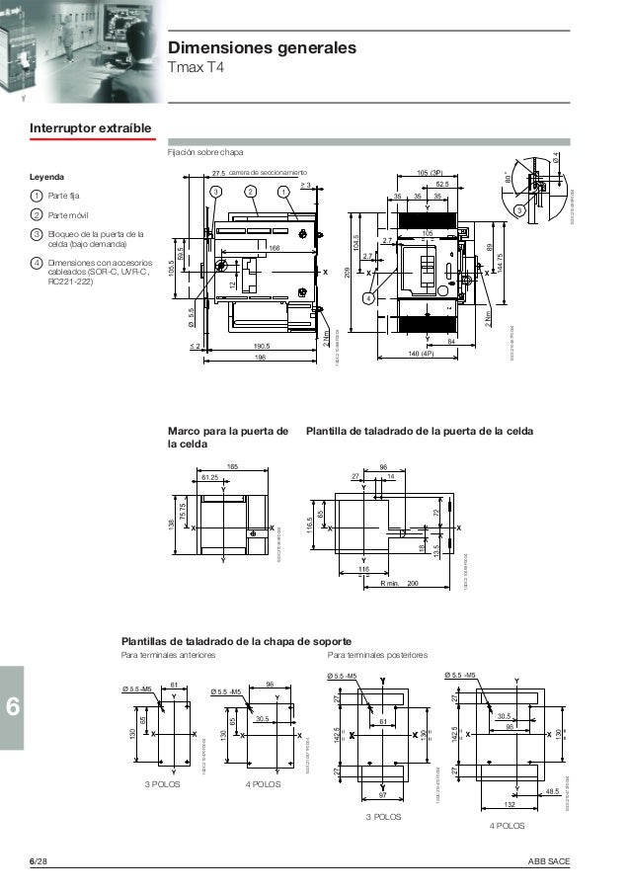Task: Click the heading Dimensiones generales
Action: coord(262,48)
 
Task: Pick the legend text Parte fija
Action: coord(69,196)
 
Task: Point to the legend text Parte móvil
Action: coord(72,214)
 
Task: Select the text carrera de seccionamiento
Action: coord(270,171)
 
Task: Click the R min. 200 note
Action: coord(399,584)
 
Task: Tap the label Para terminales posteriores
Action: coord(376,654)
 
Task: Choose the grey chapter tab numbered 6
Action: coord(13,707)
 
